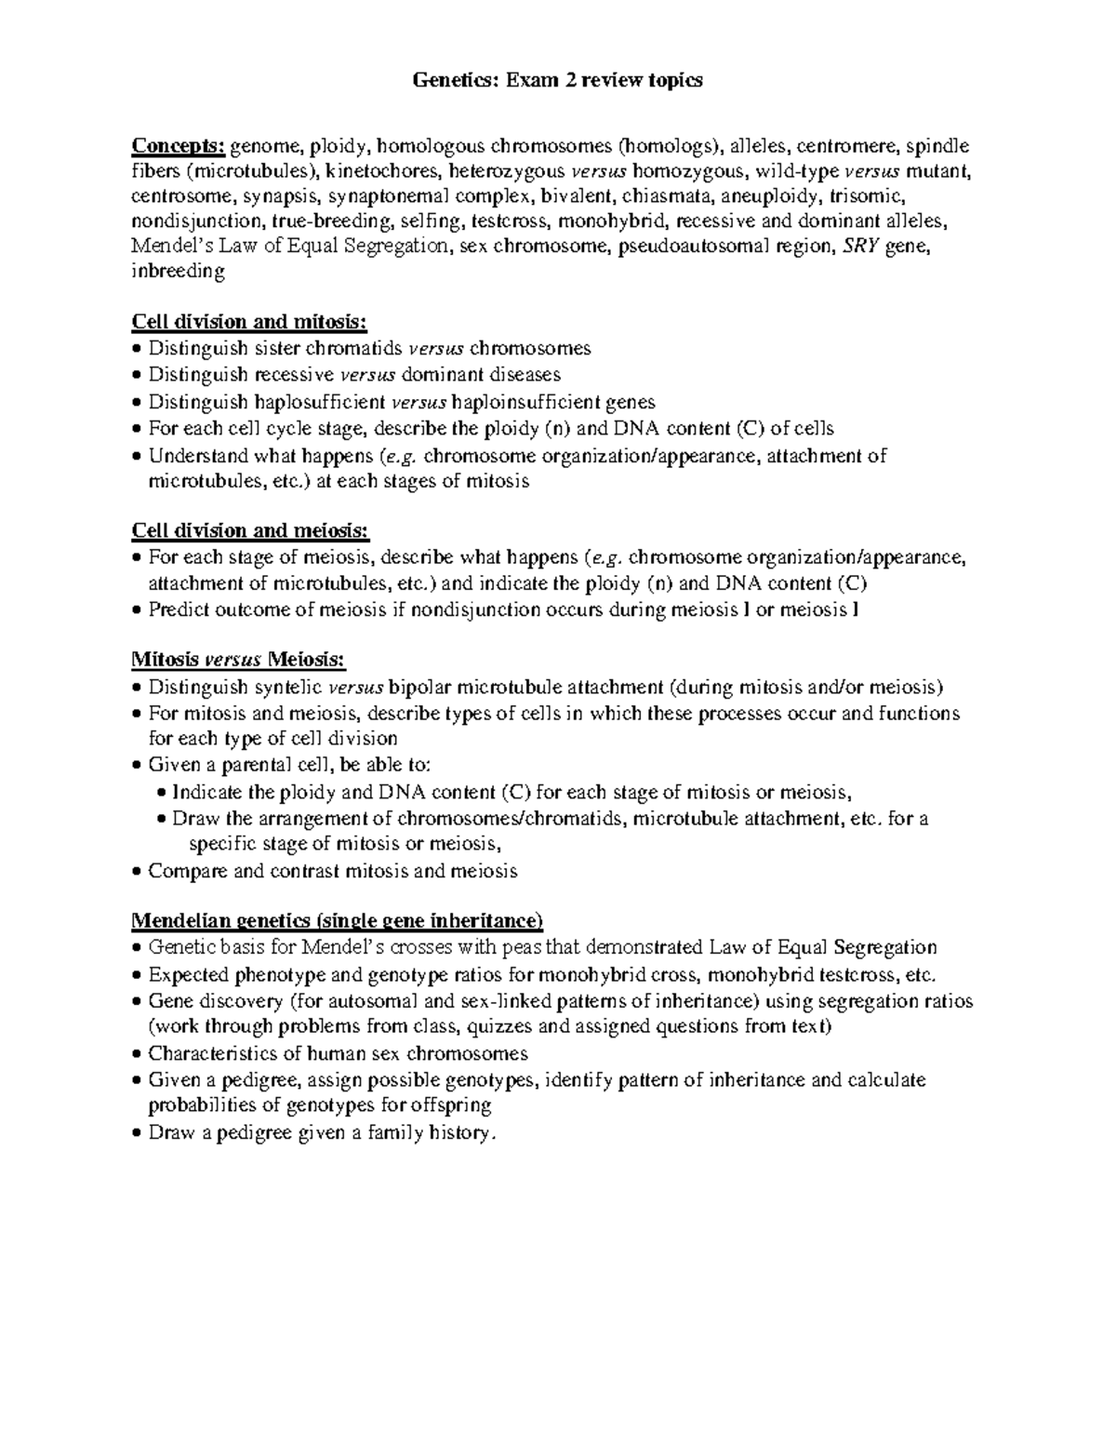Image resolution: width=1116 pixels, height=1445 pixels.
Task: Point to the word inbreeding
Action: [x=179, y=272]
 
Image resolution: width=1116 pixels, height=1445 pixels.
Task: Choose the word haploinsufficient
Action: [x=526, y=402]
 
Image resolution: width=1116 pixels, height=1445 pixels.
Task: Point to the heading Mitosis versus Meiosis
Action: [x=238, y=660]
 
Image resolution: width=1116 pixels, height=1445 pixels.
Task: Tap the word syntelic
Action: [x=287, y=687]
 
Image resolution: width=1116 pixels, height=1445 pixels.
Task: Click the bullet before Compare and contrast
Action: [x=138, y=873]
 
